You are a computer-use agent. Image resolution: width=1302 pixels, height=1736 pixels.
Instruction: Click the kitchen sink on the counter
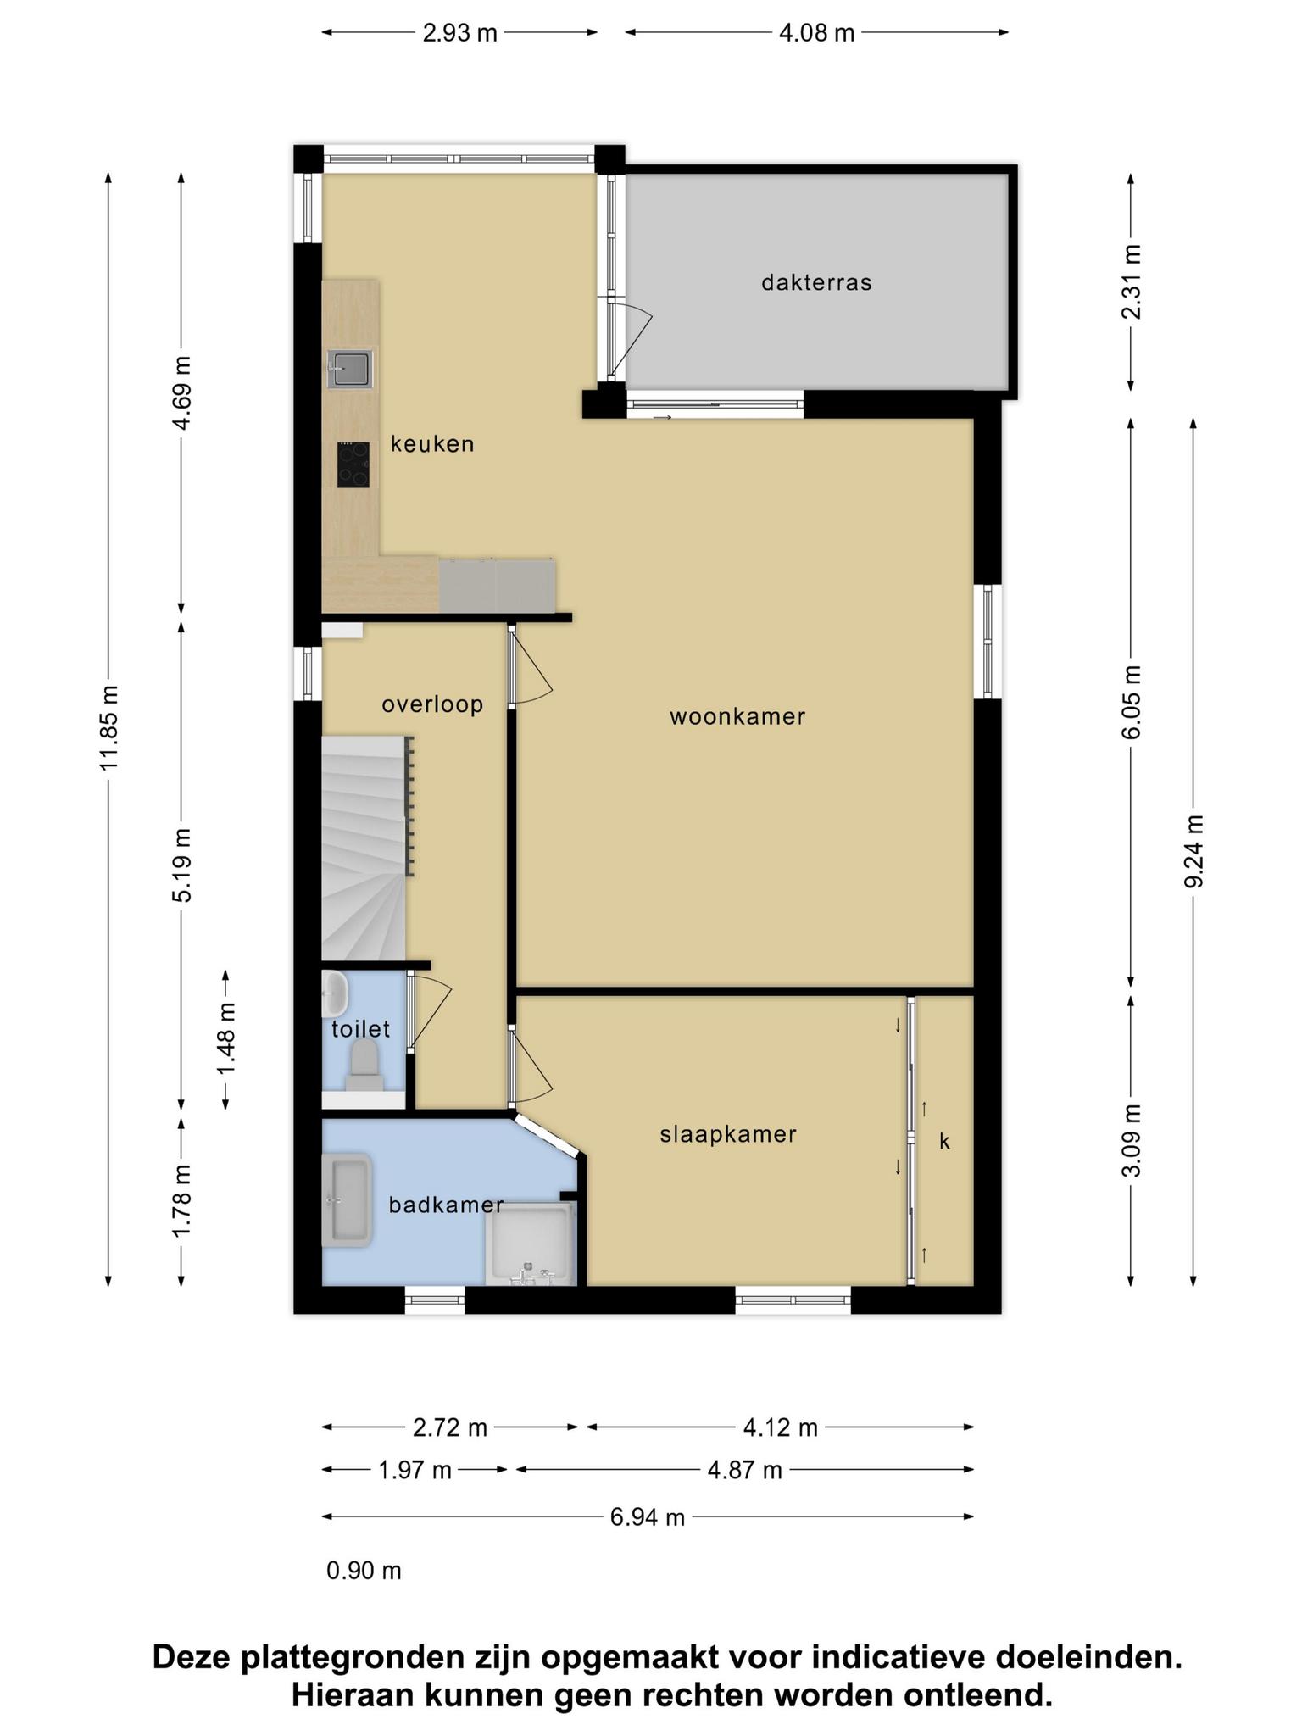350,369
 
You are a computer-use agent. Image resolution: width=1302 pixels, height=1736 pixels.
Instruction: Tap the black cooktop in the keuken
353,465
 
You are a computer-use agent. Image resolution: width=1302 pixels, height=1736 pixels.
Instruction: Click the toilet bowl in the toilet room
364,1066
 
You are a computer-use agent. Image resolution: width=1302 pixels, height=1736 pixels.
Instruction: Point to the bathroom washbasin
347,1199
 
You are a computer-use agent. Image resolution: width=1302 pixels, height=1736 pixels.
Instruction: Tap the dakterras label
816,282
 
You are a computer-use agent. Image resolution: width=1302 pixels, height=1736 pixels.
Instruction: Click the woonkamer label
737,717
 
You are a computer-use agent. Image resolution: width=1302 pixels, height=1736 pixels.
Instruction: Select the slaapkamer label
728,1134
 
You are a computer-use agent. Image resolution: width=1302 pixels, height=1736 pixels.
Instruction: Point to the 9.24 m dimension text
1193,851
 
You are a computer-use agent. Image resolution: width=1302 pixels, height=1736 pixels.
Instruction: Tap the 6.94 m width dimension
648,1517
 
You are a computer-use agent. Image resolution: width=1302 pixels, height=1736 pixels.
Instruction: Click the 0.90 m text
364,1571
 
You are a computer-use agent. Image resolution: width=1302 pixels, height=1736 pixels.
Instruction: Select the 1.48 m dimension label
226,1039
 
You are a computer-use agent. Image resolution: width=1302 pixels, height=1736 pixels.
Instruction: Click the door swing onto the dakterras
632,337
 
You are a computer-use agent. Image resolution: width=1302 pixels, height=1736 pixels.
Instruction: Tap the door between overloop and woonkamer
531,666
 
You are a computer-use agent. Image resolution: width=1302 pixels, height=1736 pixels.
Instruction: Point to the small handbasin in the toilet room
335,993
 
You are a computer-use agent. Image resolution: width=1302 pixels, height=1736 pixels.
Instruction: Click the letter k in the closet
944,1142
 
